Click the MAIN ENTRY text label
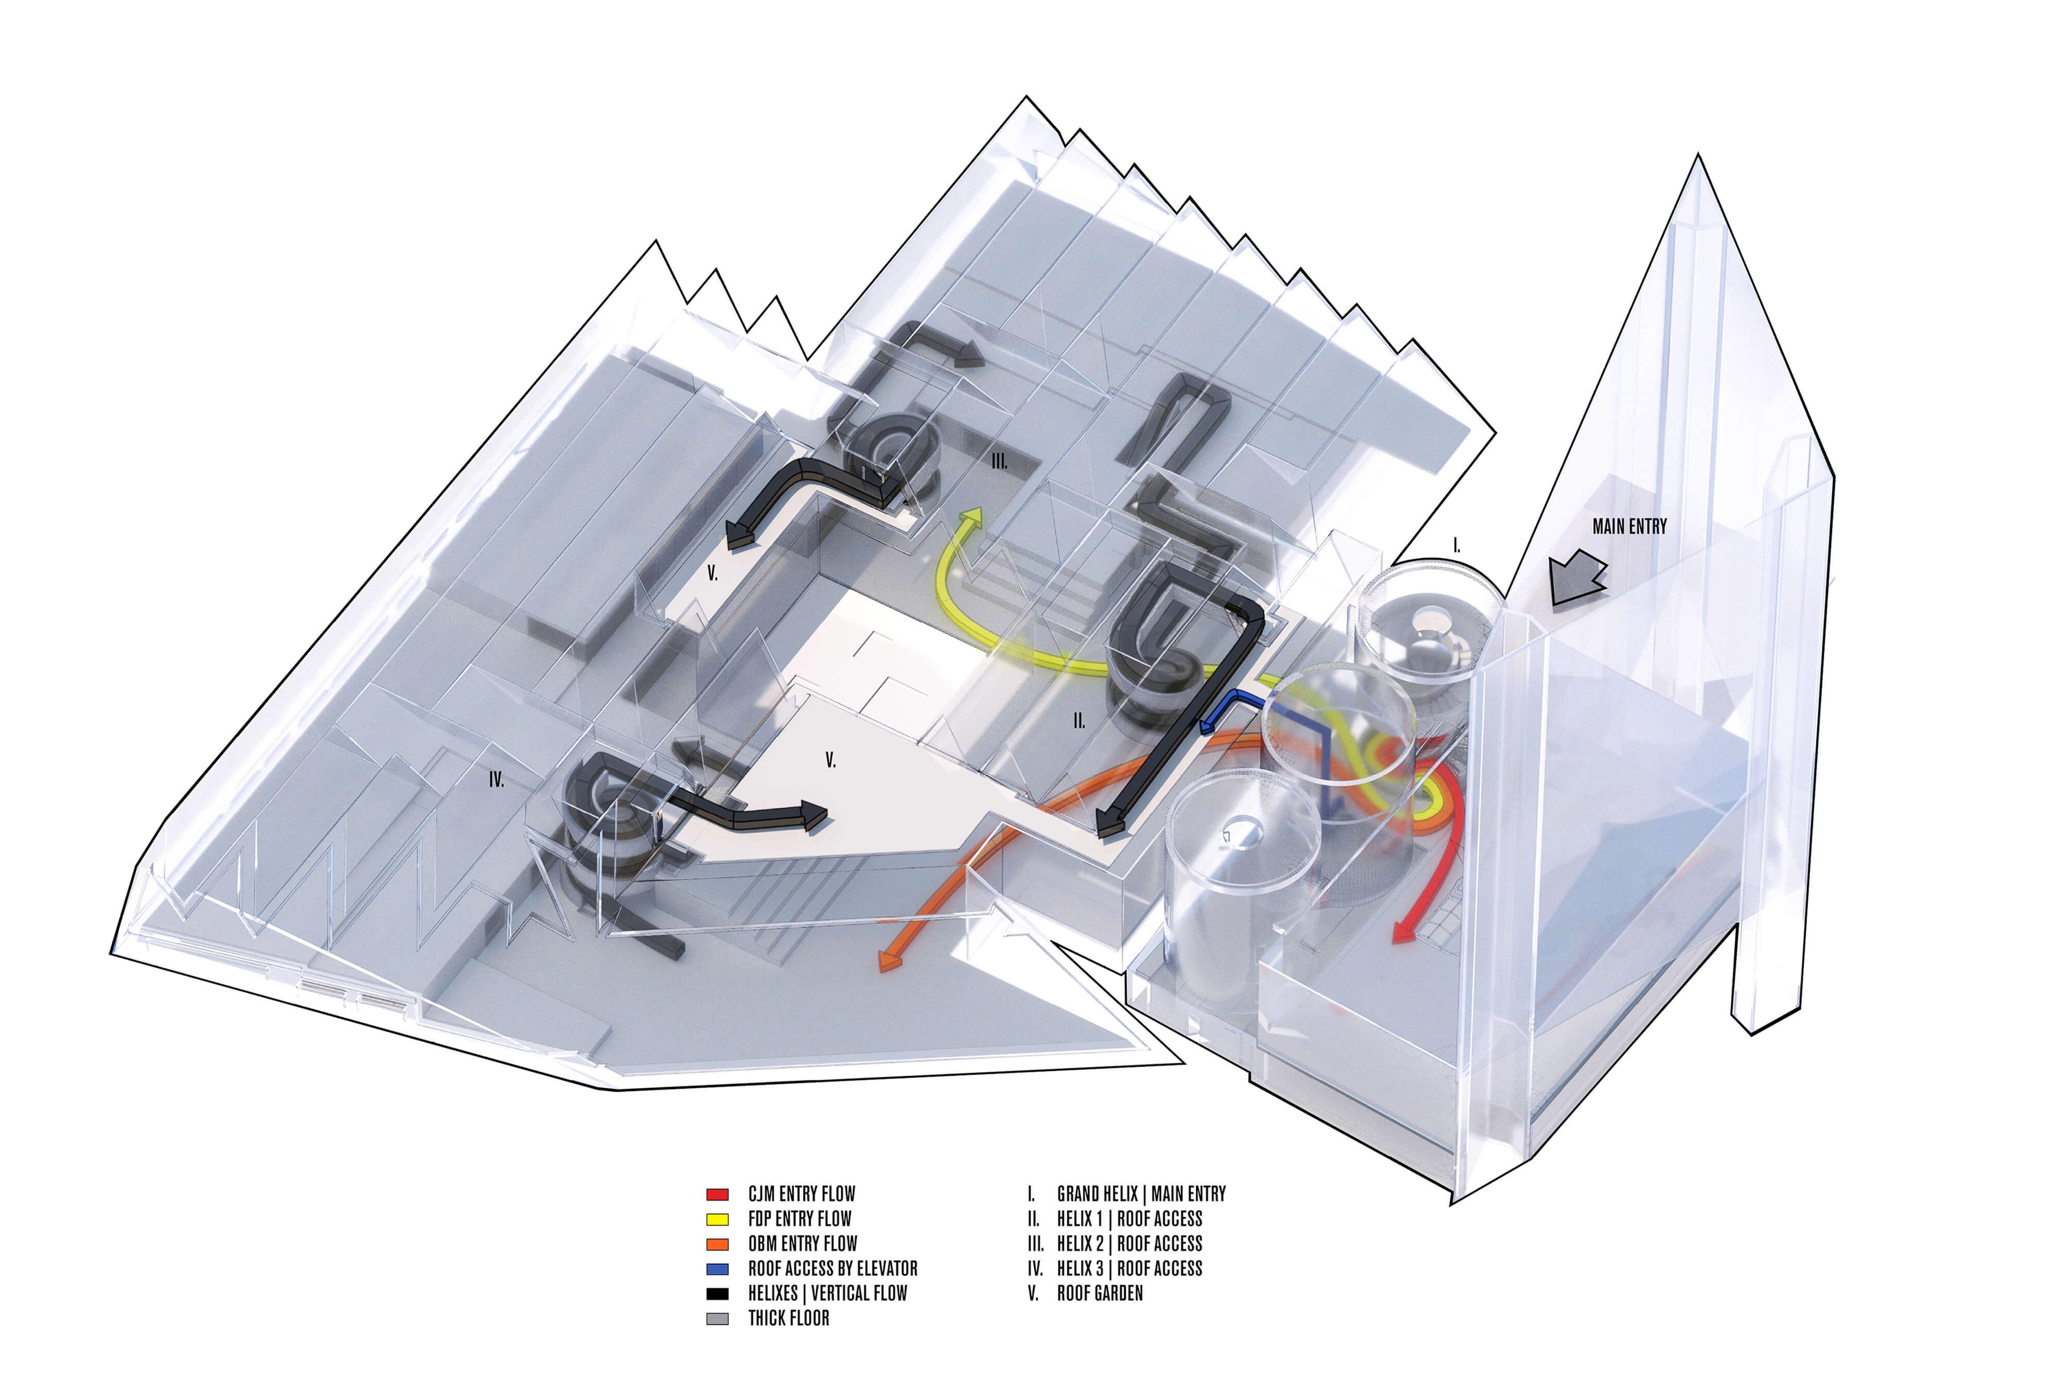(1628, 526)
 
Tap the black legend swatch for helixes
(717, 1293)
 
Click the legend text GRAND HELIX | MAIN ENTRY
(1141, 1193)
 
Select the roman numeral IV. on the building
(496, 780)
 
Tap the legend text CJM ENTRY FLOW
(801, 1193)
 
